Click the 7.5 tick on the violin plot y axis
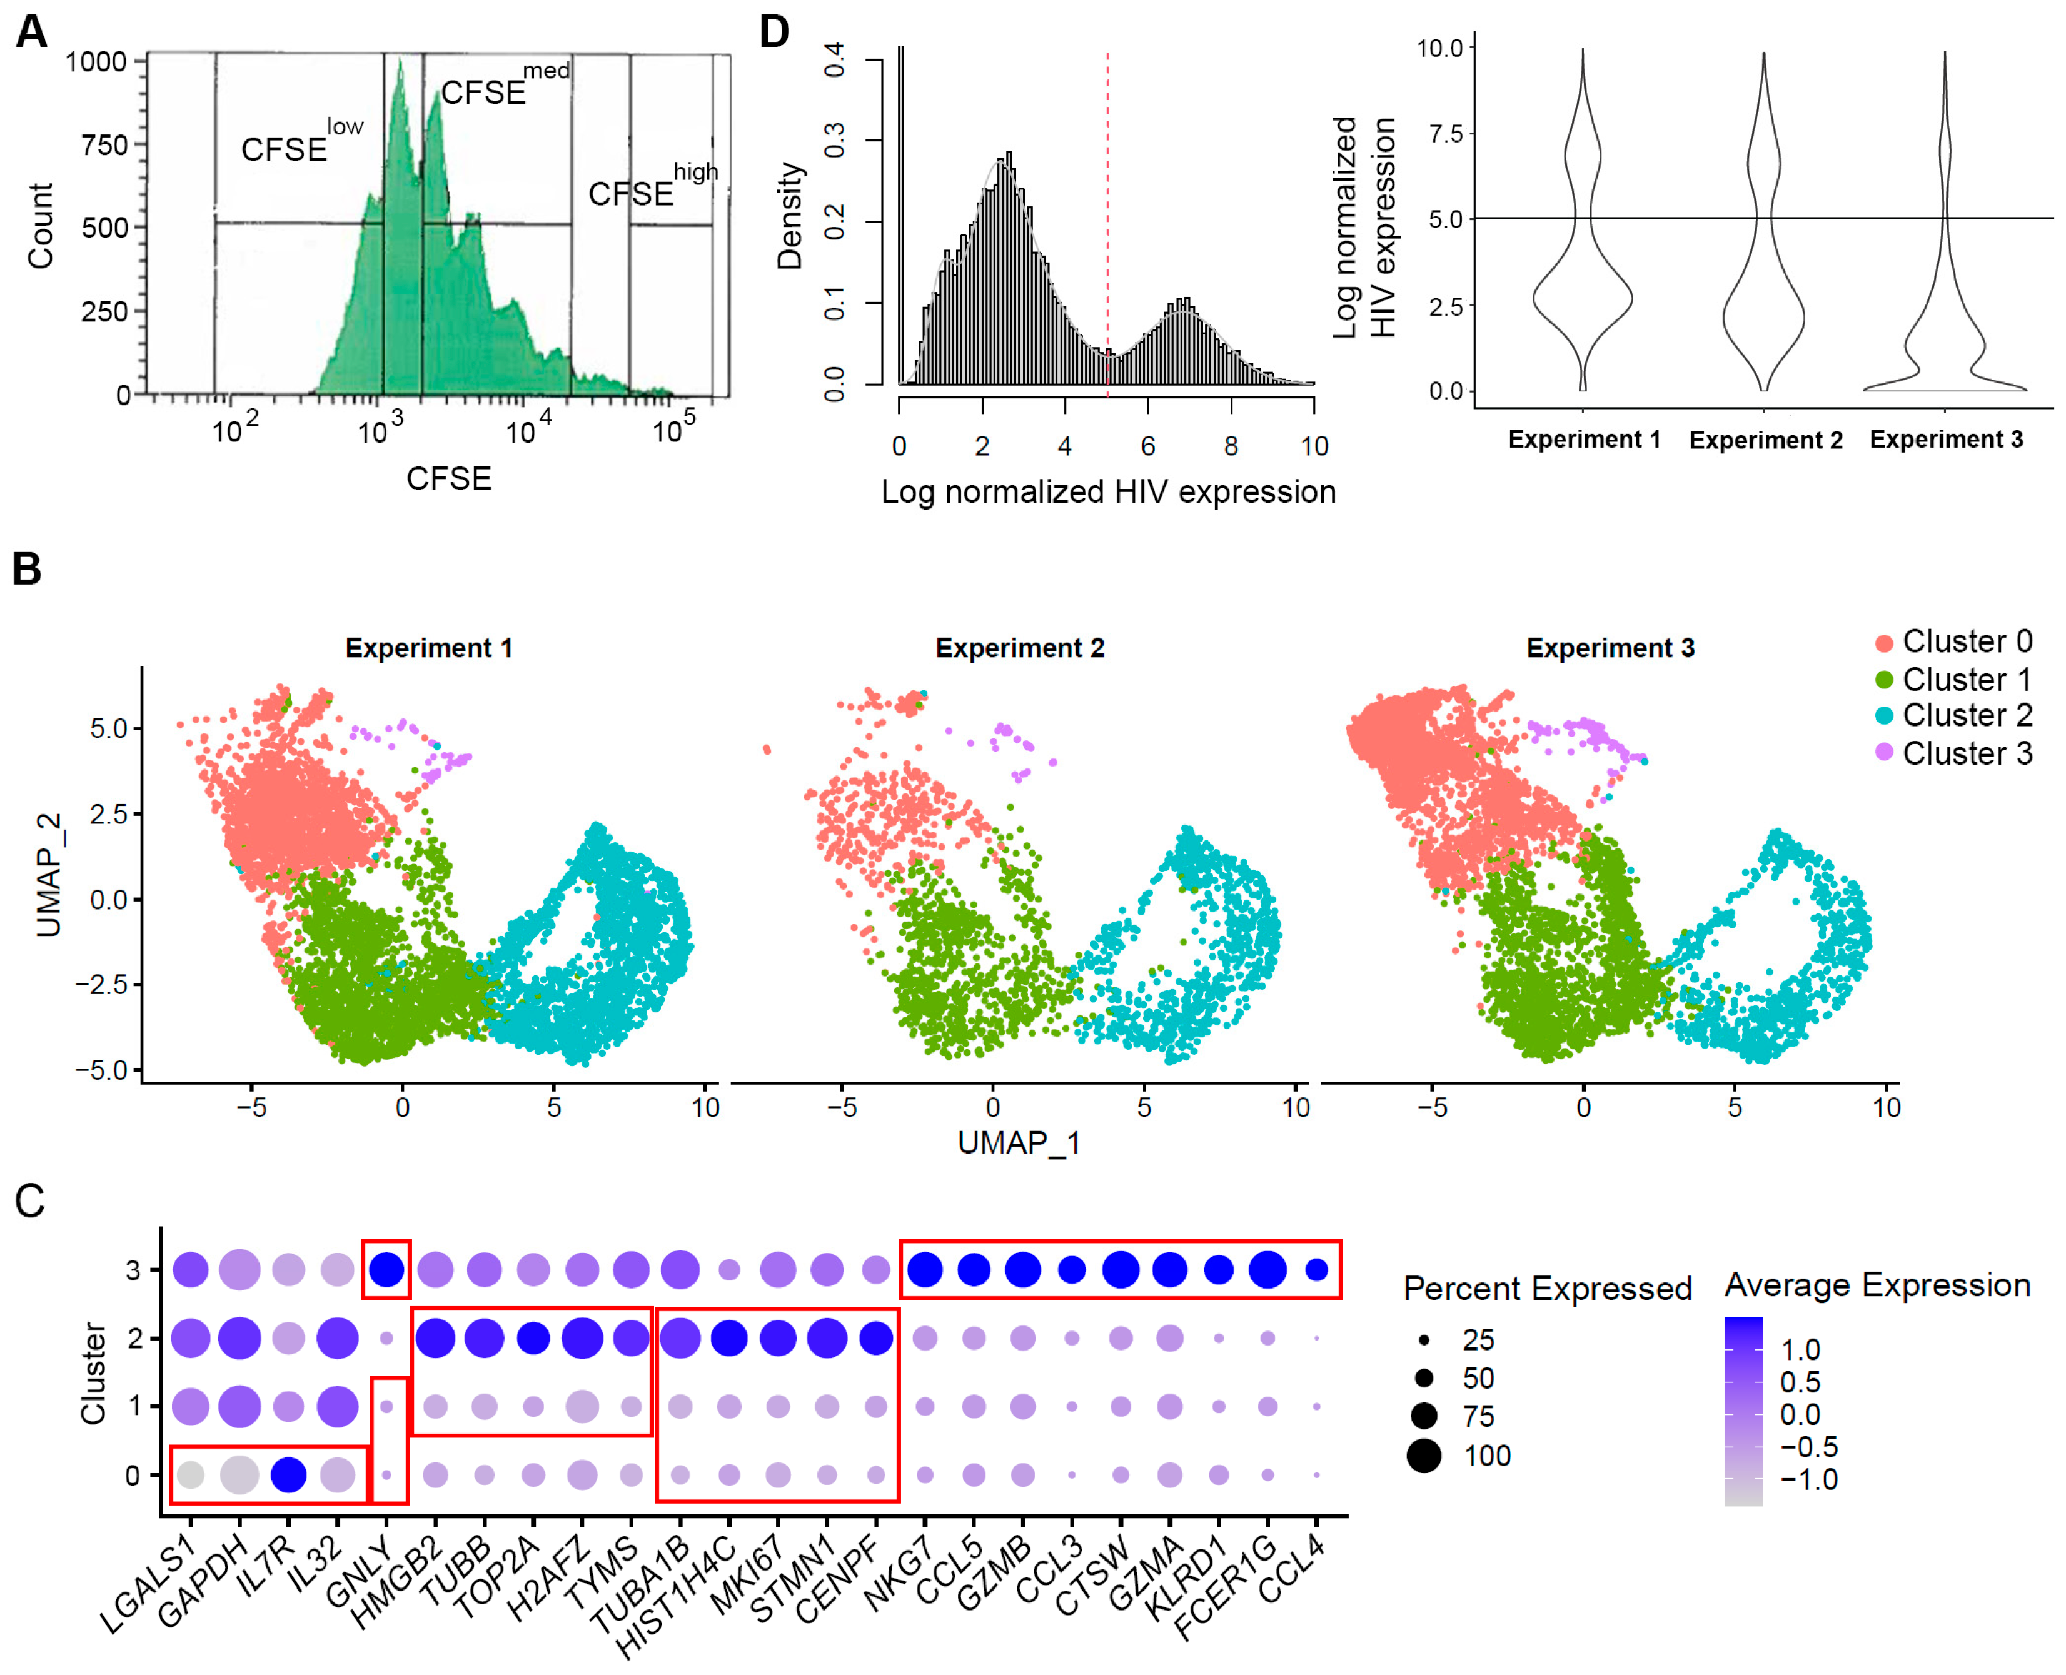[x=1444, y=133]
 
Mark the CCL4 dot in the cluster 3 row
[x=1316, y=1270]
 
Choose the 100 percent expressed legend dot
[x=1423, y=1455]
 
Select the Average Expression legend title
[x=1877, y=1285]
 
